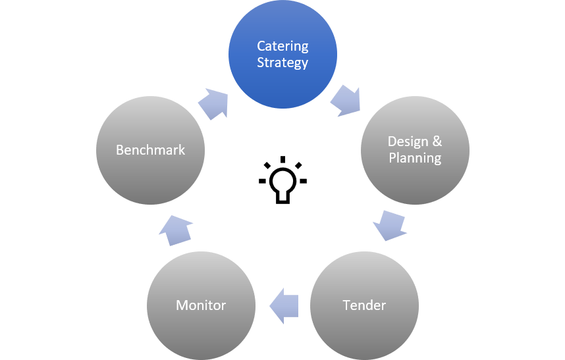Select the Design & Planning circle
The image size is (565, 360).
pos(415,150)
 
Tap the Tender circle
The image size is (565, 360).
pos(364,305)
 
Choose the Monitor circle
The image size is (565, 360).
pos(201,305)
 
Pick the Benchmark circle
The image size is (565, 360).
pos(150,150)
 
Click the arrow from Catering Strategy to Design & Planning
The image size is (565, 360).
pos(345,100)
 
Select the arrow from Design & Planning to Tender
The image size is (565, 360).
pos(389,226)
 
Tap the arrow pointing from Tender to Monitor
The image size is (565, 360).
pos(284,305)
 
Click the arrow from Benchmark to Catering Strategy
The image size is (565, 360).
pos(213,103)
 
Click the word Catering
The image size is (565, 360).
pos(282,47)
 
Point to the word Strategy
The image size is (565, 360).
pos(282,63)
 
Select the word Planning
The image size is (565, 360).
pos(415,158)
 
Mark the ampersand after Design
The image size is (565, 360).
pos(436,141)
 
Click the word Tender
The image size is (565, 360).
pos(364,305)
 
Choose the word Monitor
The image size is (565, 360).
pos(201,305)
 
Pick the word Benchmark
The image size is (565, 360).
pos(150,150)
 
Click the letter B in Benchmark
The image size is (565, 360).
pos(120,150)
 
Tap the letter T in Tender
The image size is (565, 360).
pos(346,305)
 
